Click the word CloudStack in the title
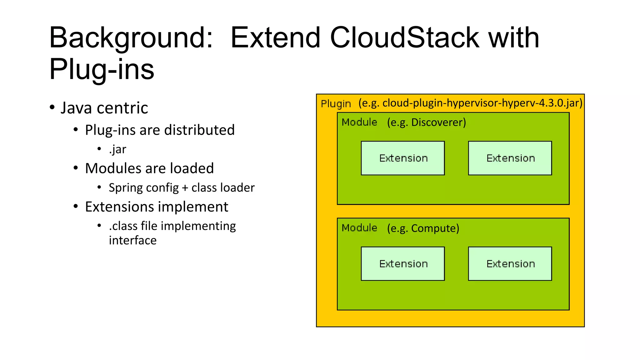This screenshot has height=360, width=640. click(404, 38)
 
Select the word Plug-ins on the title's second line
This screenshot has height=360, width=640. click(102, 69)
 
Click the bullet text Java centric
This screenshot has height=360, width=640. click(104, 108)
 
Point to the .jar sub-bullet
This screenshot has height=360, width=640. click(117, 149)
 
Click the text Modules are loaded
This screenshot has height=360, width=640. click(149, 168)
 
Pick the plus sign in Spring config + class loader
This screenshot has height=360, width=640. click(185, 188)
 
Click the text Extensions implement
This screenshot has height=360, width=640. click(157, 207)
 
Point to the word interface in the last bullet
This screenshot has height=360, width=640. click(132, 240)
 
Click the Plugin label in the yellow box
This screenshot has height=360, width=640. click(336, 104)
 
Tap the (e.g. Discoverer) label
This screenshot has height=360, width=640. click(426, 122)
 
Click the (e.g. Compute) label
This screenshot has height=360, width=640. click(423, 228)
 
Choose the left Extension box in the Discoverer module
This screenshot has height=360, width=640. click(402, 158)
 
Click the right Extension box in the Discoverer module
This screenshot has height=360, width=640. click(510, 158)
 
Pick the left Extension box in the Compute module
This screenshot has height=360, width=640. click(402, 264)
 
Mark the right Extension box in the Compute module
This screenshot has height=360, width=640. click(510, 264)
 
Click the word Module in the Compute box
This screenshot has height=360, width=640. click(359, 228)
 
